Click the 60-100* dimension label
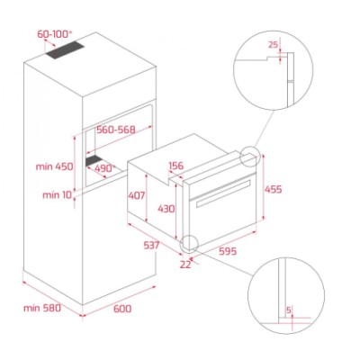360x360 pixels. tap(55, 34)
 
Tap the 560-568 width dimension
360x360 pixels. tap(116, 130)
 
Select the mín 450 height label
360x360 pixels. tap(55, 166)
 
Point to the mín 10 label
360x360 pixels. tap(58, 195)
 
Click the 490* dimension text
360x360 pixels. tap(105, 168)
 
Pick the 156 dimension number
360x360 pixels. tap(176, 166)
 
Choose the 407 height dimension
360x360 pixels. tap(137, 195)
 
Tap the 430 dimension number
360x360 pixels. tap(166, 209)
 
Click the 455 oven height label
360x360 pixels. tap(274, 189)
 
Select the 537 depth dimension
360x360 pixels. tap(151, 245)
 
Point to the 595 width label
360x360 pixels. tap(228, 251)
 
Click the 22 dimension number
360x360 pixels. tap(185, 265)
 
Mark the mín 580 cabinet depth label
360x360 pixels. tap(42, 308)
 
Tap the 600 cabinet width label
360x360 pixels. tap(122, 309)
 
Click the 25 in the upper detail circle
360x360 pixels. tap(274, 45)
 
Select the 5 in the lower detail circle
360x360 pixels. tap(289, 310)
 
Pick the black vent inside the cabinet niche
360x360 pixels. tap(94, 161)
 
